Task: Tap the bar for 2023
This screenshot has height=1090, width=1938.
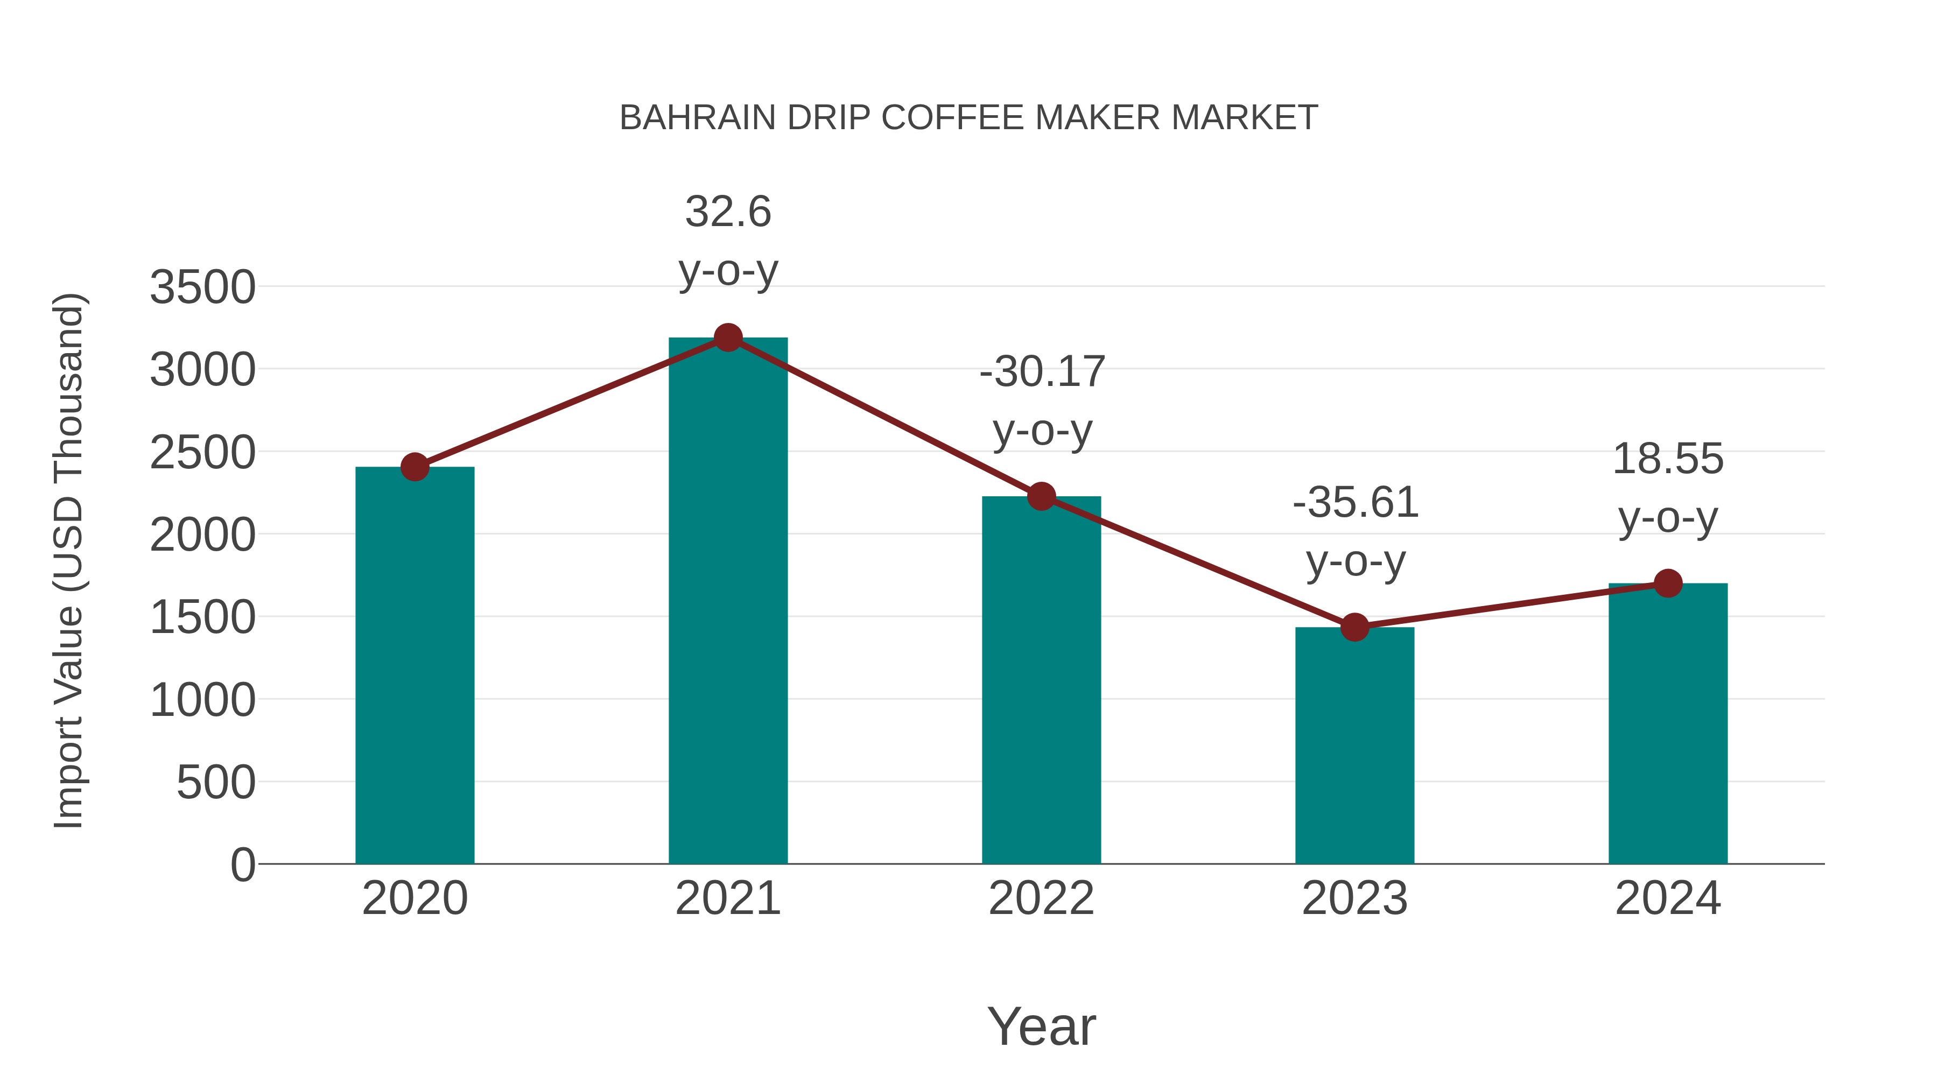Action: pos(1354,745)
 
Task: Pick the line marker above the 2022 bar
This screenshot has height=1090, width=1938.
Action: pos(1041,496)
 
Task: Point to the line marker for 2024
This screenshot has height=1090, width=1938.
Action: pos(1668,583)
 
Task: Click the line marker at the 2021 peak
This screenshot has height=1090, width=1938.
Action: pos(727,337)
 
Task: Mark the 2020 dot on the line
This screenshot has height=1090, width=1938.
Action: pos(415,467)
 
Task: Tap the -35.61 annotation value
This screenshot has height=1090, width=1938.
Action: pos(1355,503)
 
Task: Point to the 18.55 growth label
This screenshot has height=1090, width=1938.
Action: pos(1668,459)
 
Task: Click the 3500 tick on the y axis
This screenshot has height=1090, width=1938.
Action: pos(202,287)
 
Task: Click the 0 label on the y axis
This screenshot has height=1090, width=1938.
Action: pos(242,864)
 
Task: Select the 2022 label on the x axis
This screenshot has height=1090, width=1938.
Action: pos(1041,898)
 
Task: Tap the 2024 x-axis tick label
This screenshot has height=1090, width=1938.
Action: pos(1668,898)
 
